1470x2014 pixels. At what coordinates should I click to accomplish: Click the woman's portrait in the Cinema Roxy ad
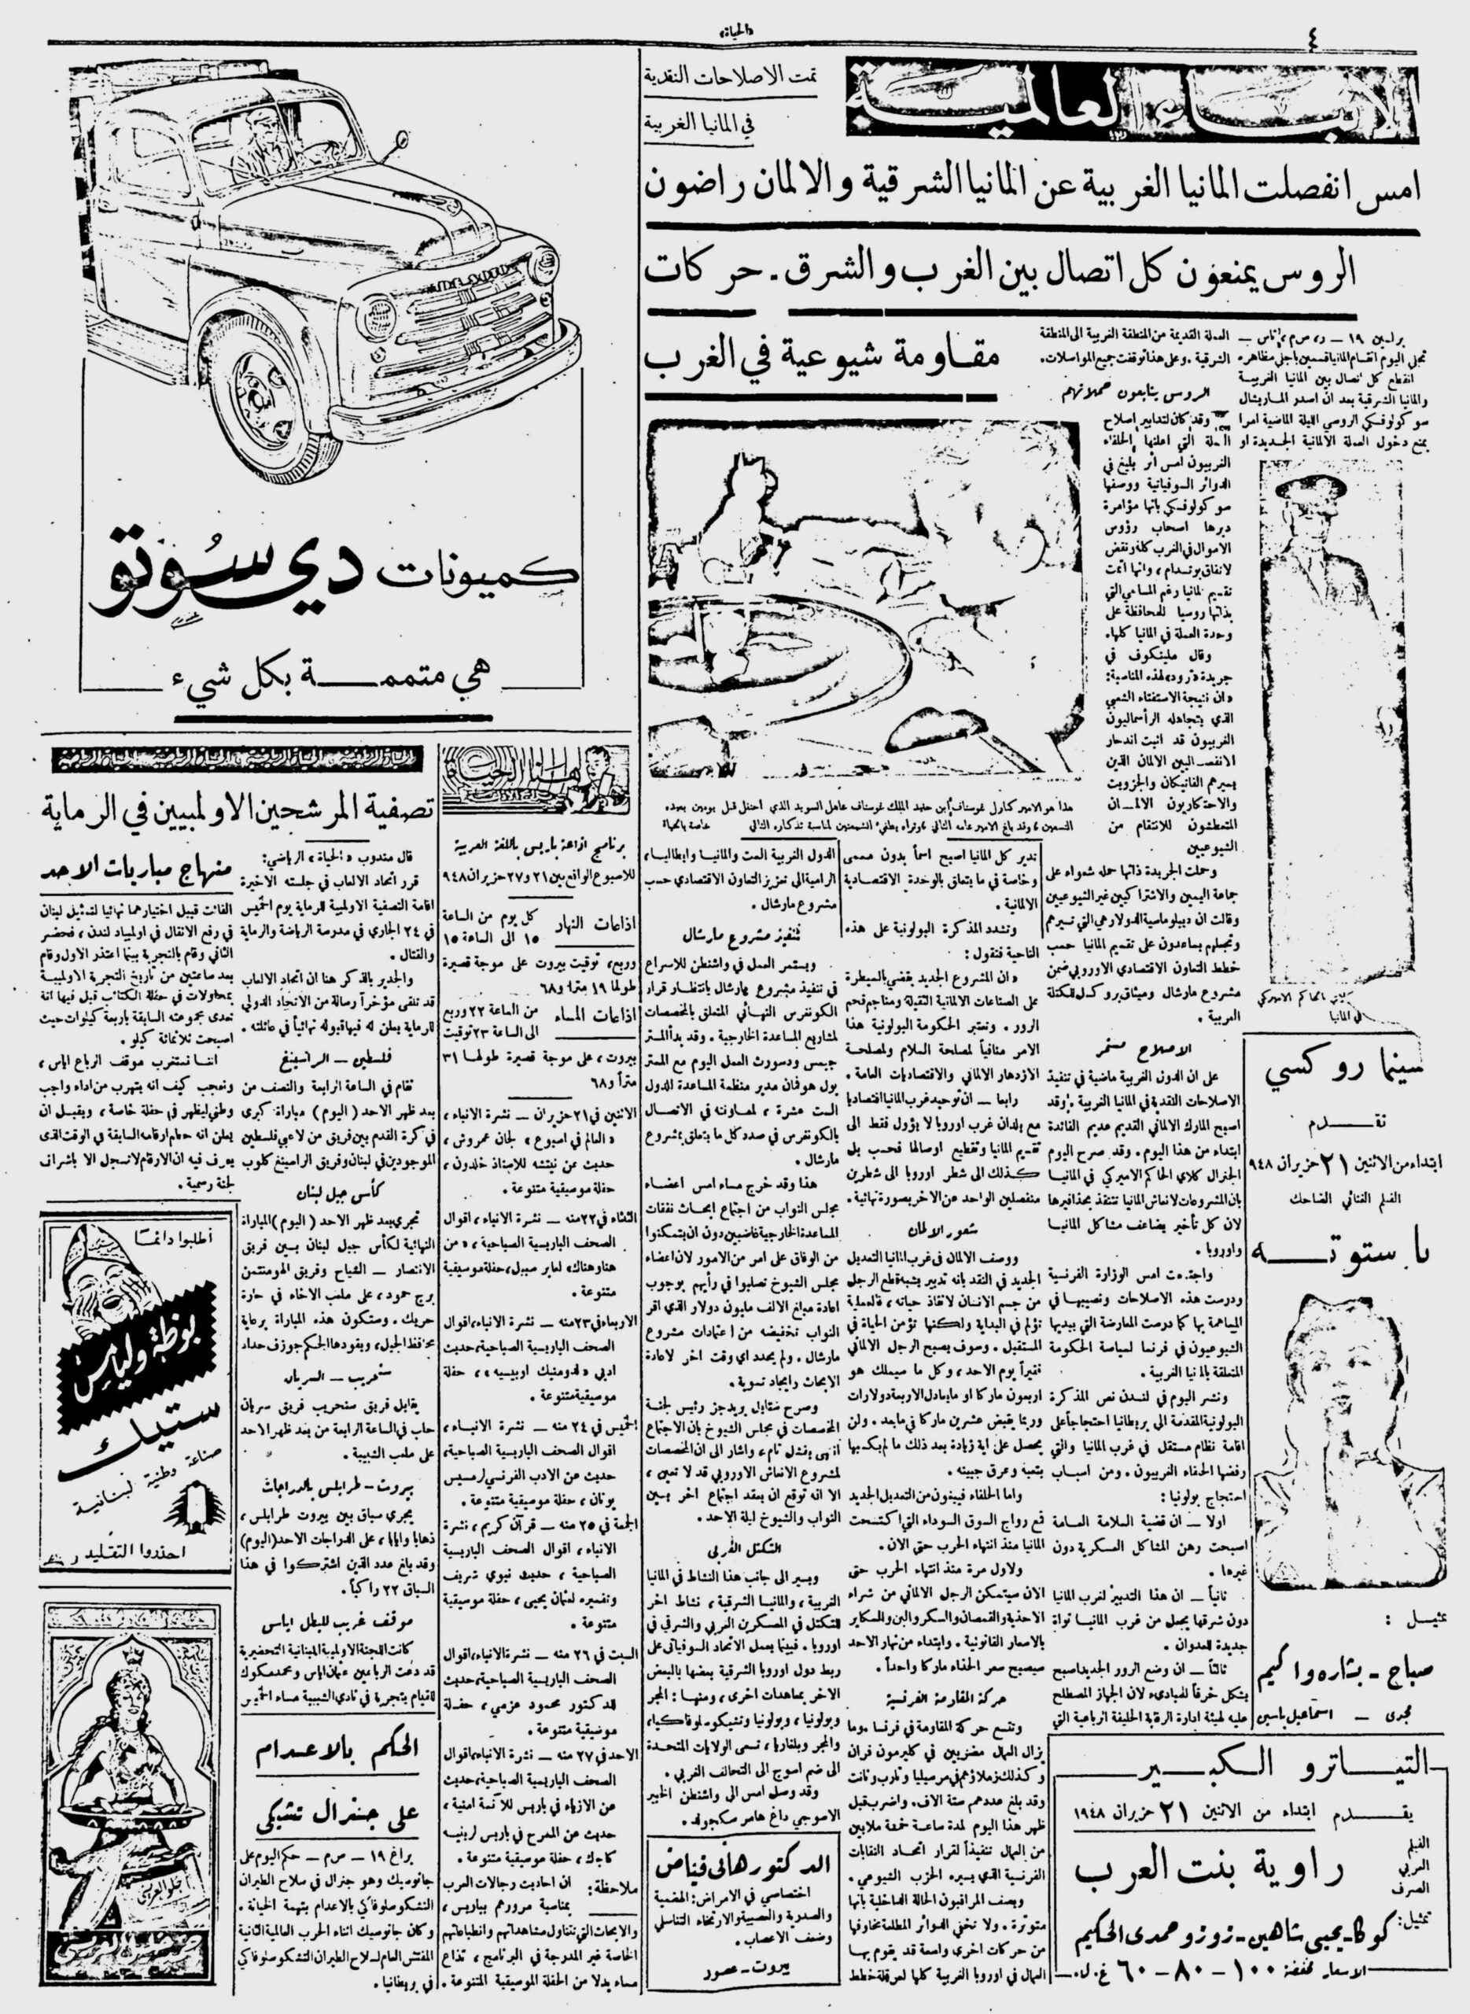pos(1335,1406)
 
